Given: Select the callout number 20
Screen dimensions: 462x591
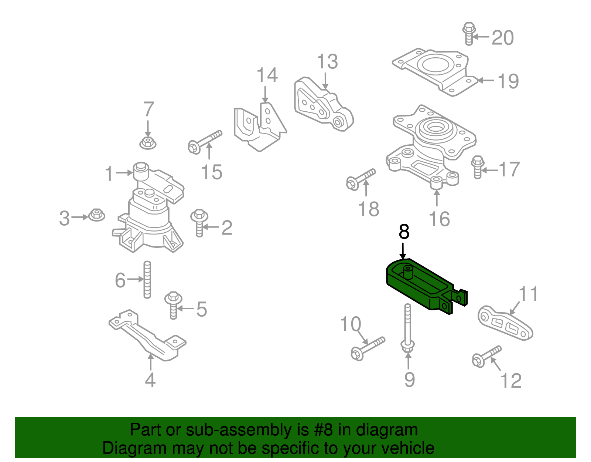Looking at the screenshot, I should [502, 38].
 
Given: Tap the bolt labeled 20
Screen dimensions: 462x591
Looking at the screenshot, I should [469, 33].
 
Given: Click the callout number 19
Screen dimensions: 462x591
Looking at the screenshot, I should [508, 81].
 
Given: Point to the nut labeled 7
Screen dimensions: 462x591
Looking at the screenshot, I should [148, 142].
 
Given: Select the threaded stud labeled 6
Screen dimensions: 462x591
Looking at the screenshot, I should [147, 280].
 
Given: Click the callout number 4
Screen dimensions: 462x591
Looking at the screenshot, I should [150, 380].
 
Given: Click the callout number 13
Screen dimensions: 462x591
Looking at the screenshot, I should [327, 62].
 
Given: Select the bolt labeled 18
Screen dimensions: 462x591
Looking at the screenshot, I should [361, 179].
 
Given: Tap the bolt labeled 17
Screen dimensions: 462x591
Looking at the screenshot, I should [478, 167].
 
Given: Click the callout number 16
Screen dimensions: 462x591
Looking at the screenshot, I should [439, 219].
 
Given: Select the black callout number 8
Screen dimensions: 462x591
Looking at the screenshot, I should [404, 232].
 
